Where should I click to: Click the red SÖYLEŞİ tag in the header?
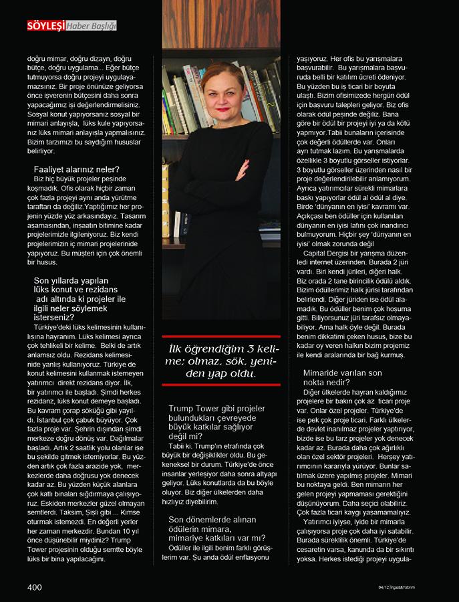45,26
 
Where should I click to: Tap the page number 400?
34,587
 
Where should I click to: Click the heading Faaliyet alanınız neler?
76,169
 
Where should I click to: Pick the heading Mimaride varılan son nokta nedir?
343,377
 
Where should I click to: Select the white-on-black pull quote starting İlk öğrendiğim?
221,362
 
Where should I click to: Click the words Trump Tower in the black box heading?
194,409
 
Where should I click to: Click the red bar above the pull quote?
221,337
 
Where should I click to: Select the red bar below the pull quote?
221,386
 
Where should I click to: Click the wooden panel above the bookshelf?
221,23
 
